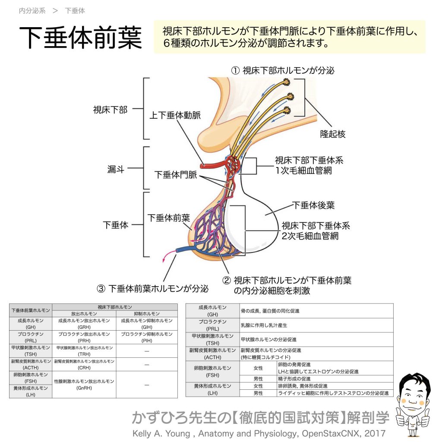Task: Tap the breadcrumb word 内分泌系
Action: pos(32,11)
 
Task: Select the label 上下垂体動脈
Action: pos(175,115)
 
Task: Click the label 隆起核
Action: pos(332,134)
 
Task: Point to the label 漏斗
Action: pos(116,170)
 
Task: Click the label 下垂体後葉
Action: pos(313,205)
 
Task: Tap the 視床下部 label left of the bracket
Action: pos(110,110)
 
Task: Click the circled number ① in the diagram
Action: pos(235,70)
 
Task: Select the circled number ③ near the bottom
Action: pos(101,288)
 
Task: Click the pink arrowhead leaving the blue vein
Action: pos(164,260)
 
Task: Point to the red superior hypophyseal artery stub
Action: pos(203,165)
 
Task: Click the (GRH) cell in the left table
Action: pos(84,327)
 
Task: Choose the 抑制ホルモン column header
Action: pos(147,314)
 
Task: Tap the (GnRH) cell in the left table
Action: pos(84,388)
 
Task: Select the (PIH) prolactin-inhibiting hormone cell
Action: pos(147,341)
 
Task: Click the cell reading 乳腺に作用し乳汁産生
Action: pos(264,325)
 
